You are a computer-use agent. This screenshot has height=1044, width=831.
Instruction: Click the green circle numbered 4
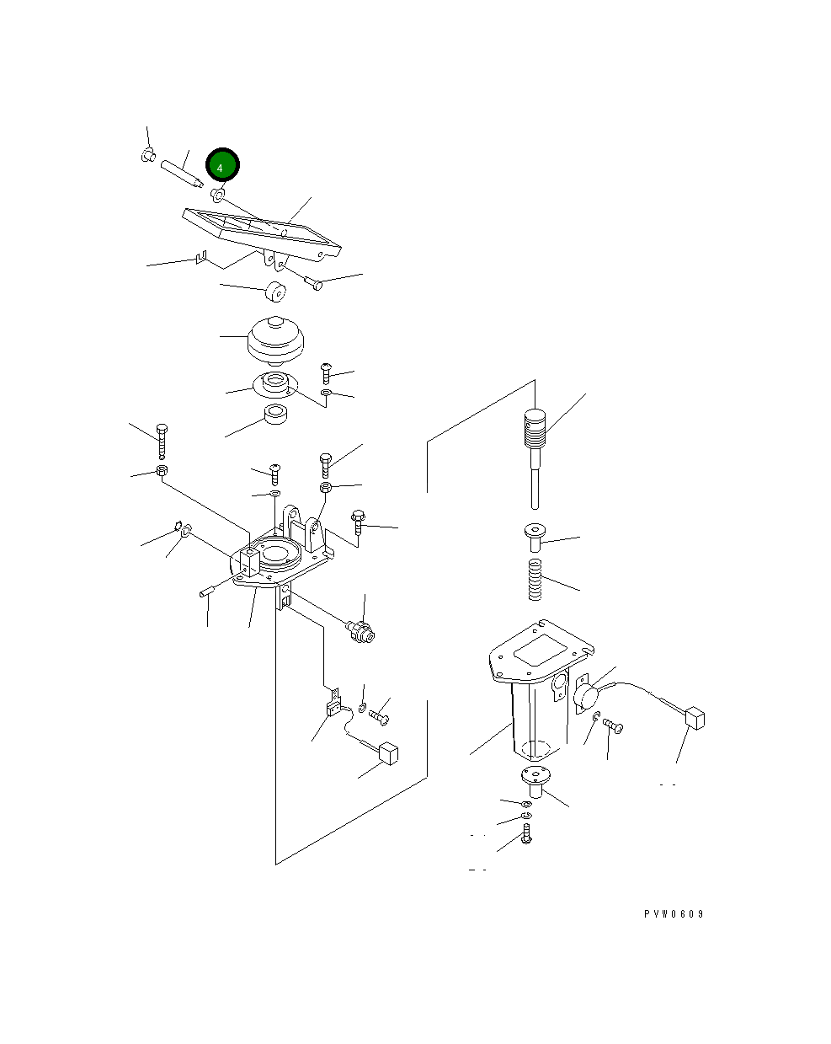[222, 164]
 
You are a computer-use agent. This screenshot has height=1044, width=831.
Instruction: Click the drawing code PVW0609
[673, 914]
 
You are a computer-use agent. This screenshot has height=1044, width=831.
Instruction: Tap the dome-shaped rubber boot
[275, 340]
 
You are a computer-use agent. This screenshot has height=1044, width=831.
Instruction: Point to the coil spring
[535, 579]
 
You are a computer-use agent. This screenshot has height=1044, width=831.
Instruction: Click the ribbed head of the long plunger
[535, 429]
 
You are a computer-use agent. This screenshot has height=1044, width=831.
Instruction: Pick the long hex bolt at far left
[162, 441]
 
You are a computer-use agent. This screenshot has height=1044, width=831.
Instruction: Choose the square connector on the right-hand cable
[695, 719]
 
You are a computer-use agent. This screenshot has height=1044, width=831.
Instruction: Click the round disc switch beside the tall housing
[587, 696]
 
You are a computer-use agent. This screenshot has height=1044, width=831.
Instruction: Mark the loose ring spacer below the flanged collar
[275, 415]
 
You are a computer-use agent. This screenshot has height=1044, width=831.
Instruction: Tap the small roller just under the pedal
[275, 291]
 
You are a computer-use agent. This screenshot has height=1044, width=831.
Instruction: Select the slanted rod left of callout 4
[182, 174]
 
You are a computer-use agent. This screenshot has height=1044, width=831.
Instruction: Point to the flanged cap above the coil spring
[535, 537]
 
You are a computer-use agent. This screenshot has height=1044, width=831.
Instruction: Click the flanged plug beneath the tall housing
[535, 782]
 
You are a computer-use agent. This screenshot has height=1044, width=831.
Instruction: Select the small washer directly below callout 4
[217, 195]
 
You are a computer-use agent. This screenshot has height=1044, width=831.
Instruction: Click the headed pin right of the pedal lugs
[313, 283]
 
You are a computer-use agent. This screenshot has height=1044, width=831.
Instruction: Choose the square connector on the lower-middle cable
[388, 753]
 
